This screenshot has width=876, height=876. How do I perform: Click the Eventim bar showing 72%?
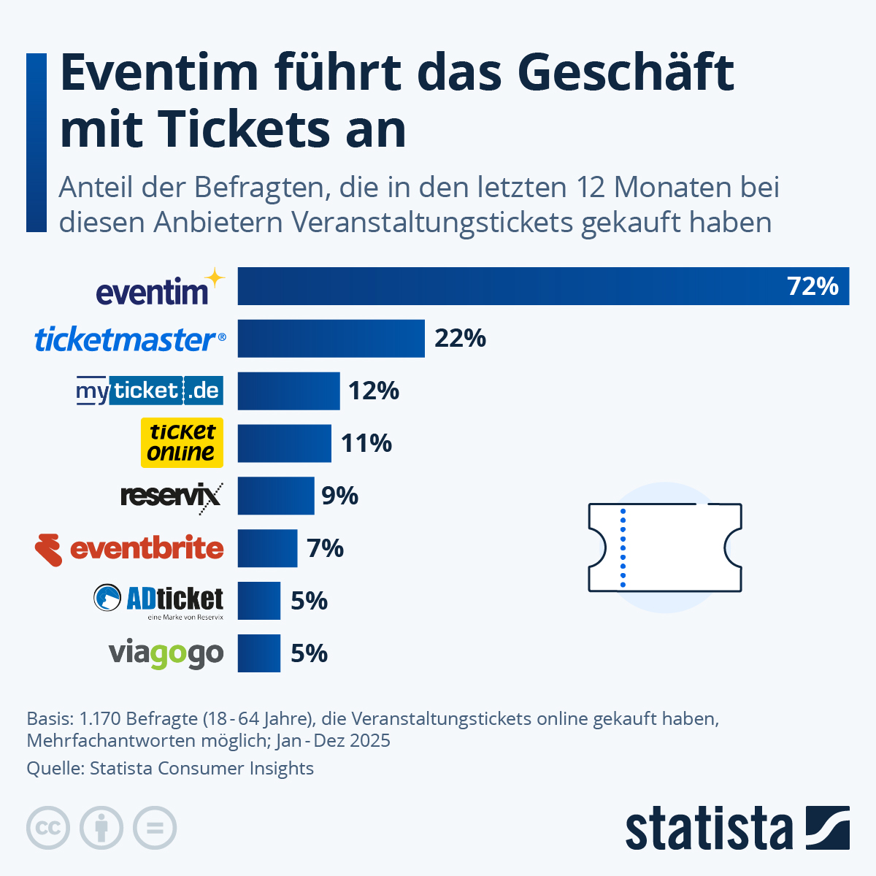[x=543, y=286]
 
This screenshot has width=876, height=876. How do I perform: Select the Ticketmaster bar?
[x=331, y=339]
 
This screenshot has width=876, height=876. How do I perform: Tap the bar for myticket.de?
[x=288, y=391]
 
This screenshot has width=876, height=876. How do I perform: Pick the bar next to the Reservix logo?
[x=275, y=496]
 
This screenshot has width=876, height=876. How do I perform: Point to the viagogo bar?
[x=258, y=653]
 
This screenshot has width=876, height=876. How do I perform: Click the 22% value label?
[x=460, y=339]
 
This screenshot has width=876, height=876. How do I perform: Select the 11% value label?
[x=366, y=443]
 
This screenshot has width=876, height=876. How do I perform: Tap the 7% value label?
[x=325, y=548]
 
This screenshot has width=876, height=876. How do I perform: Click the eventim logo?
[x=153, y=292]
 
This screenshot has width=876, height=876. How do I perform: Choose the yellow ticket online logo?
[x=182, y=442]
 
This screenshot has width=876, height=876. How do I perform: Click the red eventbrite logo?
[x=130, y=549]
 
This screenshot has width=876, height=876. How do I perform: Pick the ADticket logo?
[x=159, y=600]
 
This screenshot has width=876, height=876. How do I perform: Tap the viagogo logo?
[x=166, y=654]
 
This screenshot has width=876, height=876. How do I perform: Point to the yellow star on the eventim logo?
[x=215, y=277]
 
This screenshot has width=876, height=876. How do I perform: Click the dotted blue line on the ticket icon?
[x=623, y=547]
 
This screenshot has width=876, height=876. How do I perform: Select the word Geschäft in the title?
[x=626, y=73]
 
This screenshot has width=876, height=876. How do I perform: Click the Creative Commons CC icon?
[x=48, y=829]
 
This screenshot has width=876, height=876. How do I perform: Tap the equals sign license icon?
[x=155, y=829]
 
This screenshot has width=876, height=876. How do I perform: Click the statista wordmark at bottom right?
[x=708, y=829]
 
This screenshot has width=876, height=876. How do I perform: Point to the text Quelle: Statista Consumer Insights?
[x=170, y=768]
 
